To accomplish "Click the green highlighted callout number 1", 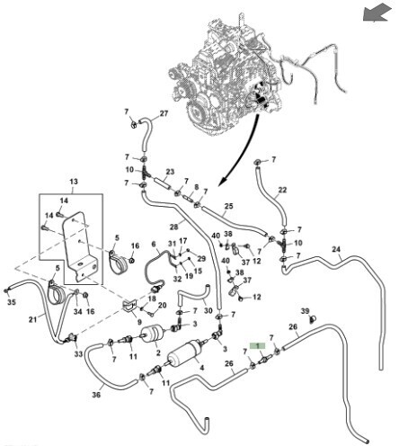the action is [x=258, y=346].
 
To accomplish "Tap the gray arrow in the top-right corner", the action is [x=377, y=14].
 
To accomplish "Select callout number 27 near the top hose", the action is [x=164, y=113].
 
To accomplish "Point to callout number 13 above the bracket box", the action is [x=74, y=182].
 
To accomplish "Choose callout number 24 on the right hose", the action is [x=336, y=249].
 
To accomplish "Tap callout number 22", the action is [x=282, y=190].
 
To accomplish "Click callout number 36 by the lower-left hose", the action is [x=96, y=395].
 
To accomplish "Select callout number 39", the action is [x=305, y=311].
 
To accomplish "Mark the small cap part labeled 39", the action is [x=313, y=319].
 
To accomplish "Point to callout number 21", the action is [x=32, y=320].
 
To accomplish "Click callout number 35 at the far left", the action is [x=12, y=302].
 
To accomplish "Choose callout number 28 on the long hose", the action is [x=173, y=227].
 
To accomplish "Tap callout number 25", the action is [x=228, y=206].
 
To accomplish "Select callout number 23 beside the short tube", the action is [x=170, y=172].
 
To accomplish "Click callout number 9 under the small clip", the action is [x=139, y=322].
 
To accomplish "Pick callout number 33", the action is [x=78, y=354].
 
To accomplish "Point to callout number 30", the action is [x=208, y=311].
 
